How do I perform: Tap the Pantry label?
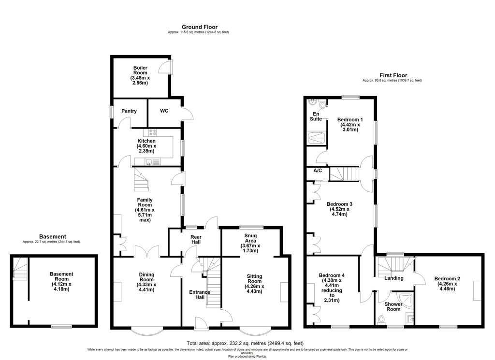pyautogui.click(x=129, y=111)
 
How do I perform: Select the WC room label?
pyautogui.click(x=164, y=111)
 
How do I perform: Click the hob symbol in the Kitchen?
pyautogui.click(x=152, y=132)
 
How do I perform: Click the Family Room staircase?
pyautogui.click(x=141, y=180)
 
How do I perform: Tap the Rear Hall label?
pyautogui.click(x=196, y=240)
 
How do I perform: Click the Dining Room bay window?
pyautogui.click(x=147, y=331)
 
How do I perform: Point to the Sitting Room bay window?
pyautogui.click(x=255, y=331)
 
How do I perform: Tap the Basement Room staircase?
pyautogui.click(x=20, y=269)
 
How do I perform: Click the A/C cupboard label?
pyautogui.click(x=318, y=171)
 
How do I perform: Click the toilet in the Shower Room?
pyautogui.click(x=381, y=320)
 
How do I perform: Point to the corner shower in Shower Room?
pyautogui.click(x=407, y=299)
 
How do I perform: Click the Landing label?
pyautogui.click(x=393, y=278)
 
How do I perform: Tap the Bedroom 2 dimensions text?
pyautogui.click(x=447, y=286)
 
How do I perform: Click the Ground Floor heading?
pyautogui.click(x=200, y=27)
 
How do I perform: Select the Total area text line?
pyautogui.click(x=245, y=343)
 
